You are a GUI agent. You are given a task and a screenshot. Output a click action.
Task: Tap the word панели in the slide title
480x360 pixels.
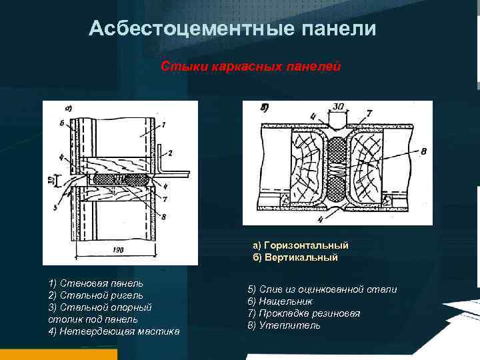[x=340, y=29]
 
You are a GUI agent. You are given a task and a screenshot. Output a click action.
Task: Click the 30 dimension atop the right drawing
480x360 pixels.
[x=340, y=107]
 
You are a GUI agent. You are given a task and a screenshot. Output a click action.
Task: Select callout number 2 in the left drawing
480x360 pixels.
[x=171, y=153]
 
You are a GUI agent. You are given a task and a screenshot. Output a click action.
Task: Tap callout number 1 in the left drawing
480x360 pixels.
[x=163, y=124]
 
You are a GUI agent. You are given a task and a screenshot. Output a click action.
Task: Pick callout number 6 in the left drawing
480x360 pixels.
[x=61, y=123]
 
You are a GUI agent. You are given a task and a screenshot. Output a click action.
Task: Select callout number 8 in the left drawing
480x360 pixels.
[x=163, y=216]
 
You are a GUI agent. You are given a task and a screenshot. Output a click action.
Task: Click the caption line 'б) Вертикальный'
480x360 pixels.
[x=295, y=257]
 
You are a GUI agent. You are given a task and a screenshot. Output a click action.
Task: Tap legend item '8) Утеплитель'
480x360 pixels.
[x=283, y=325]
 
